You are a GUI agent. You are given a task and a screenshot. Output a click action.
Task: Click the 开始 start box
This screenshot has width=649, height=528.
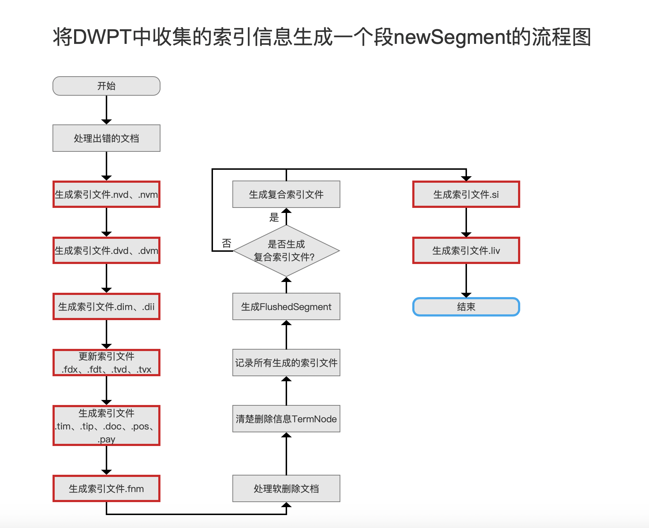(106, 86)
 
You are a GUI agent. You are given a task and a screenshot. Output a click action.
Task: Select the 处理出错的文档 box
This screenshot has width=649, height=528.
(106, 138)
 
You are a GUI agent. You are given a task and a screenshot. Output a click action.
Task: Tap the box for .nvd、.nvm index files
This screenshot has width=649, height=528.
(106, 194)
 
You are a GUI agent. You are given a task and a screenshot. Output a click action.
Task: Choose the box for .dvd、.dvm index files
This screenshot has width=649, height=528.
(106, 250)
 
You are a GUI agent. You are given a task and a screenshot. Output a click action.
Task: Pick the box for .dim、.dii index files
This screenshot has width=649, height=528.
(106, 306)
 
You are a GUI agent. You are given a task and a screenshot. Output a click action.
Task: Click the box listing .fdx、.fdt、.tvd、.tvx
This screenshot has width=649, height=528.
(106, 363)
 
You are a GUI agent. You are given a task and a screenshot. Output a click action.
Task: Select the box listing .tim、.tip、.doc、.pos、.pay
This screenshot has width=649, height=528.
(106, 425)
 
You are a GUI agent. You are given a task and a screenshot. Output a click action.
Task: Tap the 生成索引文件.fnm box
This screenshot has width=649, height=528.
(106, 488)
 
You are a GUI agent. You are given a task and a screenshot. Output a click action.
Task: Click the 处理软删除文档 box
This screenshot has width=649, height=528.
(286, 488)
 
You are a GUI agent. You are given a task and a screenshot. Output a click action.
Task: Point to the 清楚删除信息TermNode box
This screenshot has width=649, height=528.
(286, 419)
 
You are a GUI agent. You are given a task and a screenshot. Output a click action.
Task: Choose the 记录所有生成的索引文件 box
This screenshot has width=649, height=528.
(286, 363)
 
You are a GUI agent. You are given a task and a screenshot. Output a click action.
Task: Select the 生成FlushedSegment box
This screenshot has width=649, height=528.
(286, 306)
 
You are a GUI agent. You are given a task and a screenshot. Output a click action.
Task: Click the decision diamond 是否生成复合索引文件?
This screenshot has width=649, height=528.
(286, 251)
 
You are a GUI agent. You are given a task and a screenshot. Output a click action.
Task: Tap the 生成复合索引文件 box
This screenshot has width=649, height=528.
(286, 194)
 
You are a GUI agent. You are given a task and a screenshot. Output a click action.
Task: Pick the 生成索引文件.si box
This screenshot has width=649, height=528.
(466, 194)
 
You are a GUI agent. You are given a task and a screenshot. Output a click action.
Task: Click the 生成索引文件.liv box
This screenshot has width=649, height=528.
(466, 250)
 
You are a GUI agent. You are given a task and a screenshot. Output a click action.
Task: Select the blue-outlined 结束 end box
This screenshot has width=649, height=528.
(466, 307)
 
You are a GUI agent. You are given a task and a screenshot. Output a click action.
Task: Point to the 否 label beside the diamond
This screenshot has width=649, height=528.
(227, 243)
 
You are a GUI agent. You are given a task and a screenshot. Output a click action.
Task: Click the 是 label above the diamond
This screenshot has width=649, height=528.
(274, 217)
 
